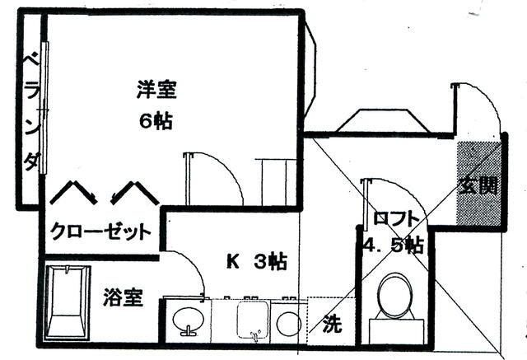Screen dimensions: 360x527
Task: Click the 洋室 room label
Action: pyautogui.click(x=156, y=88)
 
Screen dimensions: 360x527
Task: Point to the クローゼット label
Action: pyautogui.click(x=100, y=231)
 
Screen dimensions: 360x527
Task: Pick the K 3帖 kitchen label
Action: pyautogui.click(x=256, y=263)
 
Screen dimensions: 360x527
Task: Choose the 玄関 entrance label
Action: pyautogui.click(x=478, y=185)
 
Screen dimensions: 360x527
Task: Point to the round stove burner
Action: pyautogui.click(x=287, y=324)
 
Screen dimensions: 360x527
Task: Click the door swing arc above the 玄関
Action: pyautogui.click(x=477, y=107)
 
